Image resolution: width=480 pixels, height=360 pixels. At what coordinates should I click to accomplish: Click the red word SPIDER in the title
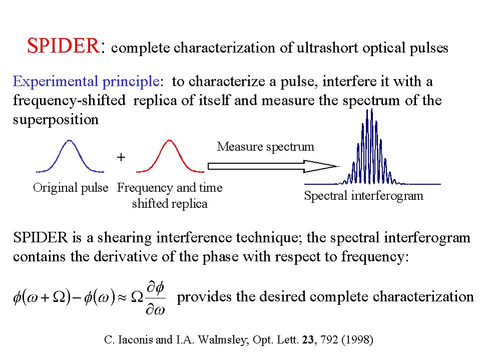pos(64,46)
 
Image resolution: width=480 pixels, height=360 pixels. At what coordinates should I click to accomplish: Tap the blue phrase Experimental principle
pos(86,82)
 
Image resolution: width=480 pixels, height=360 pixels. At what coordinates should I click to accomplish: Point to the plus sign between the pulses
pos(121,157)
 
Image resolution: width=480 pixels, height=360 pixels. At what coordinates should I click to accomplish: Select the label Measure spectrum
pos(265,147)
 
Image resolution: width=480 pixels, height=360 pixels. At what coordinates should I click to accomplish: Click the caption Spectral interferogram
pos(364,196)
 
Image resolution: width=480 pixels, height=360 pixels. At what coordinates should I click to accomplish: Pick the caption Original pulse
pos(71,188)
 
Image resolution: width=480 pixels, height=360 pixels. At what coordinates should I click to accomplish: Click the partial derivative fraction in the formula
pos(156,298)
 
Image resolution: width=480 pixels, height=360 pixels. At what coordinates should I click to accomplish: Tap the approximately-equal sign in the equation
pos(123,297)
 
